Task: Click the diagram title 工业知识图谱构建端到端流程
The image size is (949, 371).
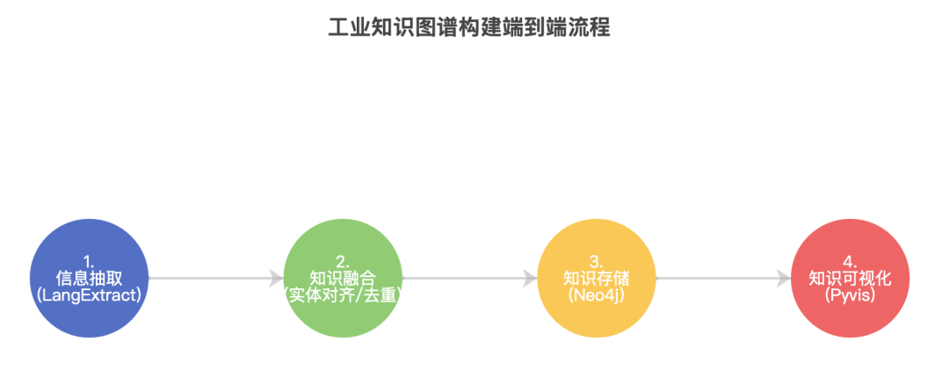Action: pos(468,27)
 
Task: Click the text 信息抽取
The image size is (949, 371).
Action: pos(89,278)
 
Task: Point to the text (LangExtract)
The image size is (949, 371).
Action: pos(89,295)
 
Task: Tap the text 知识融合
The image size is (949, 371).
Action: pos(343,278)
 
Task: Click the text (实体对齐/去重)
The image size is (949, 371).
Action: pos(343,295)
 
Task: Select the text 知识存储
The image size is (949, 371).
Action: pos(596,278)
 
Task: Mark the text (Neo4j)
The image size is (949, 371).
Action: pos(596,295)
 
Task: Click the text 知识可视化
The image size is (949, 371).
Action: pos(850,278)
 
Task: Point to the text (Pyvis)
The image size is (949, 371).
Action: pos(850,295)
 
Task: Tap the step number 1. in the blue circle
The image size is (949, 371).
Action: pos(89,261)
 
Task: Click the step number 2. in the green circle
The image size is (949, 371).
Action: pos(343,261)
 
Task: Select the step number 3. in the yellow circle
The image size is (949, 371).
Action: pos(596,261)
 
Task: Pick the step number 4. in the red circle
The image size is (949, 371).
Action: pos(850,261)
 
